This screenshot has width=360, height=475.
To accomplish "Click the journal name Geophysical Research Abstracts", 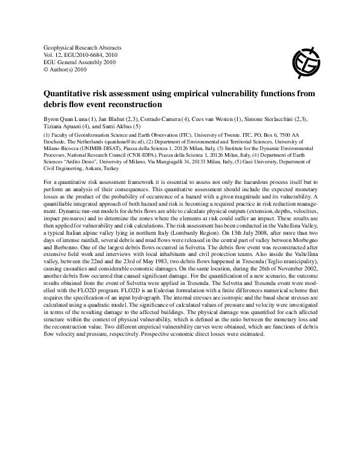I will coord(83,47).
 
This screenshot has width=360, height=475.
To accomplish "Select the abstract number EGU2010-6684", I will coord(85,54).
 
